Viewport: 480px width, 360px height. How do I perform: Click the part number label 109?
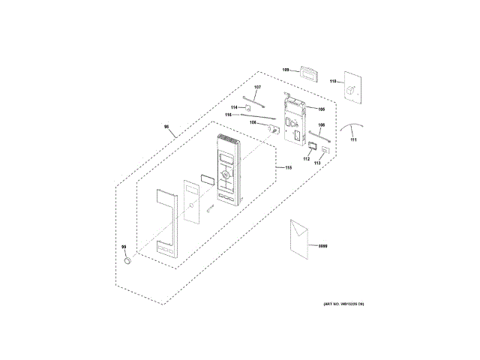[x=286, y=70]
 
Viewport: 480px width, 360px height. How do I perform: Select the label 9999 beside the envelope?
[x=323, y=246]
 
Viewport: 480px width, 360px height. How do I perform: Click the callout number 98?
[x=167, y=128]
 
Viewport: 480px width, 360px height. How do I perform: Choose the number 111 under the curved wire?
[x=353, y=140]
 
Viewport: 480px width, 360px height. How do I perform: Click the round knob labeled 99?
[x=128, y=260]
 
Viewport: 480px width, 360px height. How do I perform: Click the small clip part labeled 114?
[x=247, y=108]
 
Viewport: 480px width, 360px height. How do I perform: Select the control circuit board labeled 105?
[x=295, y=120]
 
